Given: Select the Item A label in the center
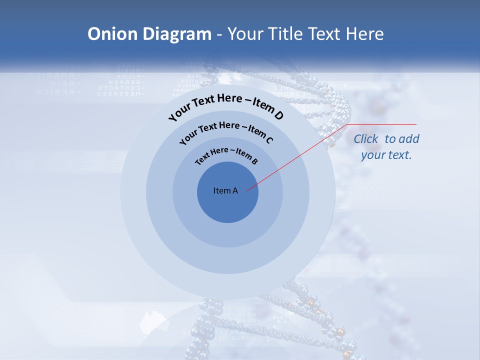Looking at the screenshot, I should pos(225,190).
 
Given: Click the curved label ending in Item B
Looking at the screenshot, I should pos(226,154).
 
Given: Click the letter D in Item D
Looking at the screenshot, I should pos(278,116).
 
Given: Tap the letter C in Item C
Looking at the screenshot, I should pos(269,140).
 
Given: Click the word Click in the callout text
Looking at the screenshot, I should pos(366,139).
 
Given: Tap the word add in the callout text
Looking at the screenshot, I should pos(409,139).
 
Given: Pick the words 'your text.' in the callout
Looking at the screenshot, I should pos(386,155).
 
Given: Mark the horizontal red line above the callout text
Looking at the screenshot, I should pos(382,124).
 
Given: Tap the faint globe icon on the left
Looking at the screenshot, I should pos(23,161).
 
